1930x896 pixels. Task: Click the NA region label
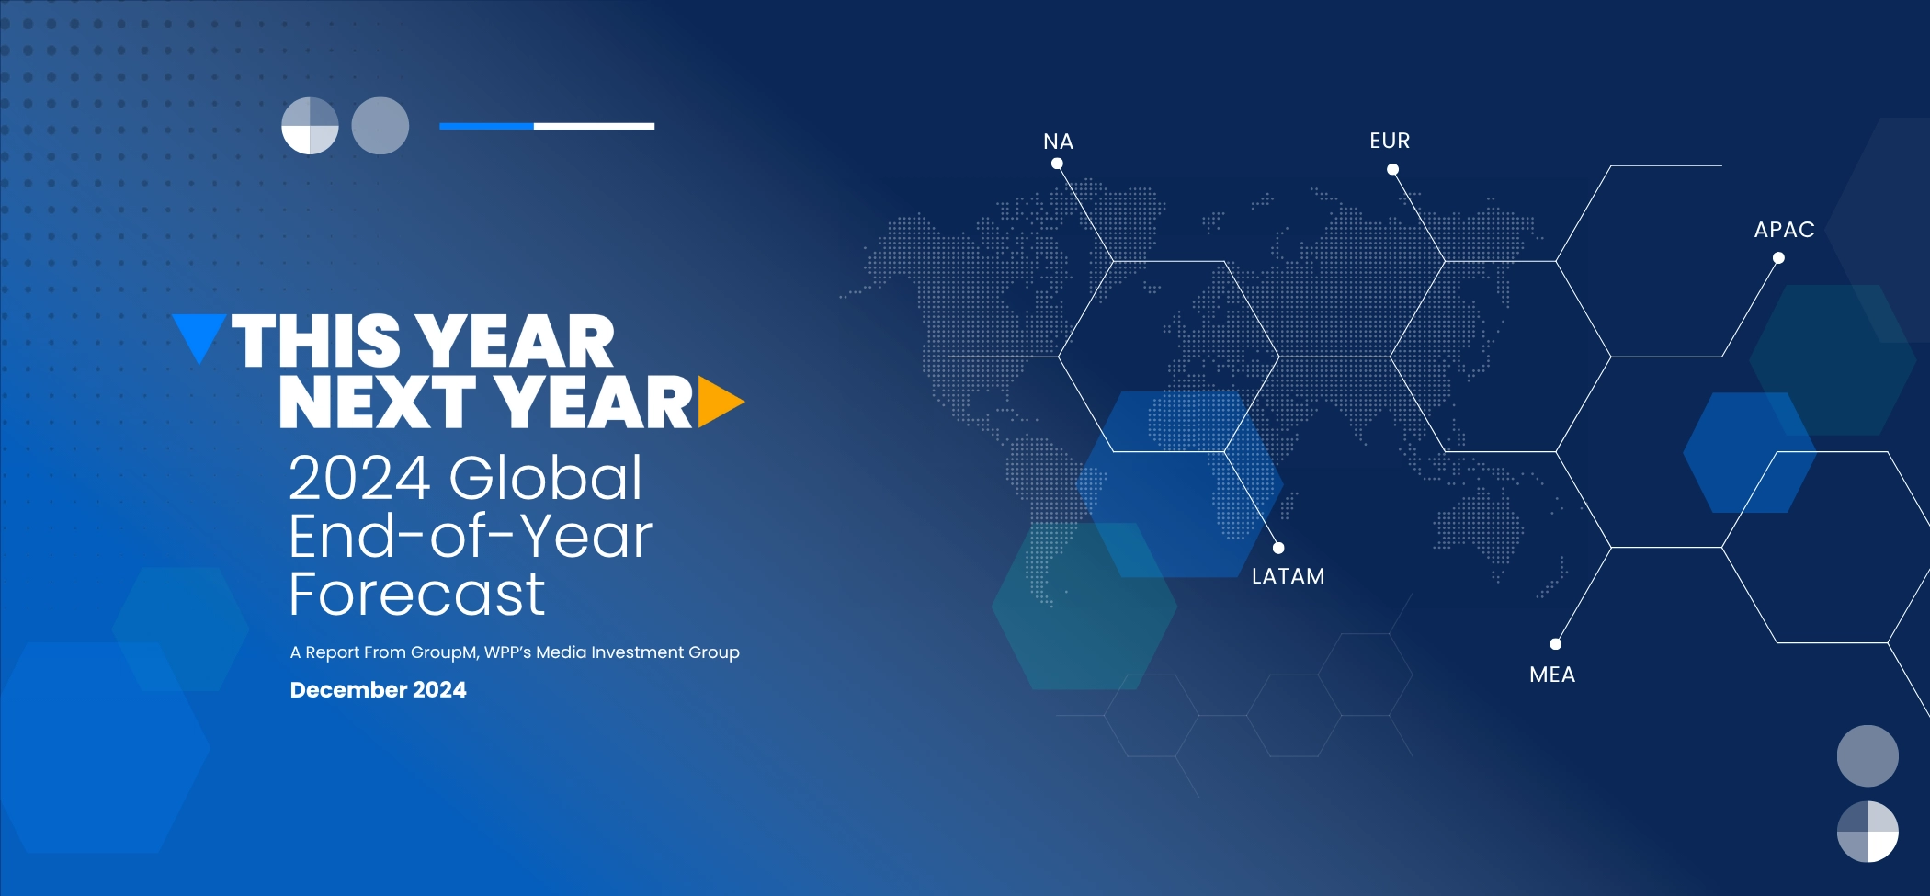(1058, 142)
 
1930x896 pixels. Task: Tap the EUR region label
(1390, 141)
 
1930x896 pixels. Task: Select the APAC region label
(1784, 230)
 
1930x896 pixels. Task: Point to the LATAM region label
(1288, 576)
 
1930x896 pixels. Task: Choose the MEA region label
(1552, 675)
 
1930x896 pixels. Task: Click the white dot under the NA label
(1057, 164)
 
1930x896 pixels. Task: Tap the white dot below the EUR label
(1392, 169)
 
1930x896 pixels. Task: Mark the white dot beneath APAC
(1778, 258)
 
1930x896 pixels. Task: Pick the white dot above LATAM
(1278, 548)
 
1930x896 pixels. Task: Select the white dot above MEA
(1556, 644)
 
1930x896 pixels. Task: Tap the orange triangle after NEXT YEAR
(719, 402)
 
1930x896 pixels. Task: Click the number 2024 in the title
(360, 478)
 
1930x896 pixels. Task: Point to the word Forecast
(417, 594)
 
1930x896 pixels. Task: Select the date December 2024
(378, 690)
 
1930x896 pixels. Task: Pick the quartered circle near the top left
(310, 126)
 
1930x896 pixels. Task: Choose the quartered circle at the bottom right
(1868, 832)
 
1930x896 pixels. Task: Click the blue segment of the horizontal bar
(487, 126)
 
